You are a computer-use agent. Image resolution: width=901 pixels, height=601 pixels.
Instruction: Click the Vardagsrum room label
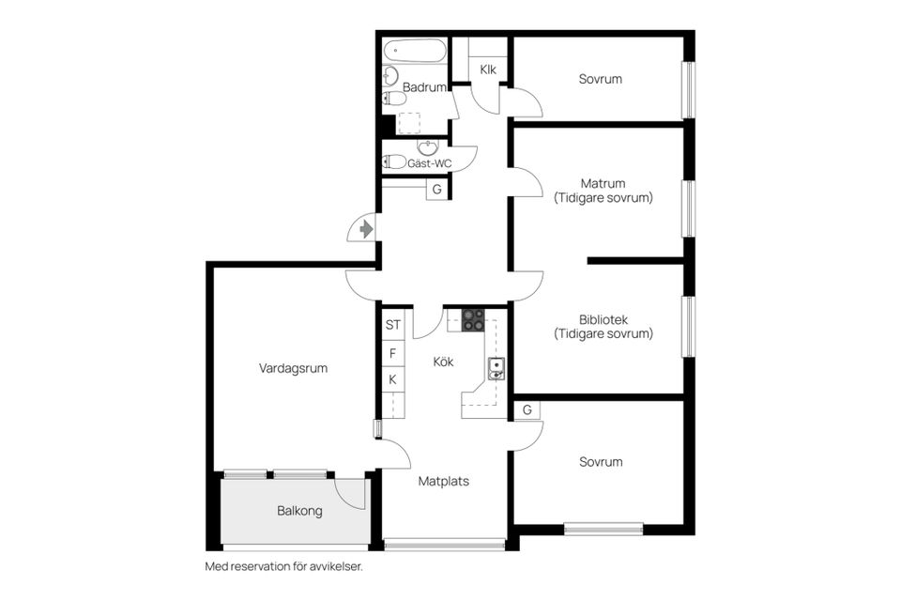[x=293, y=368]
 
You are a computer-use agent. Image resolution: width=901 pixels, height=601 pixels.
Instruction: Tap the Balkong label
[x=299, y=512]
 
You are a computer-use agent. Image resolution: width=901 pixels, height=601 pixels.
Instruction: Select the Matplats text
[x=443, y=481]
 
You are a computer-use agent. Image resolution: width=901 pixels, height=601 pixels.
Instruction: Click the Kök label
[x=443, y=361]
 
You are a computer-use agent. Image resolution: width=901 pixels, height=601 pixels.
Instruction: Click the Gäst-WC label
[x=429, y=163]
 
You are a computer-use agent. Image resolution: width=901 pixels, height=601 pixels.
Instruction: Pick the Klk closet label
[x=488, y=69]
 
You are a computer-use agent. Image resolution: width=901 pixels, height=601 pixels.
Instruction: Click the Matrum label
[x=603, y=183]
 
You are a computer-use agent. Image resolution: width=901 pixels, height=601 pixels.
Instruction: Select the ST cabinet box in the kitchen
[x=393, y=325]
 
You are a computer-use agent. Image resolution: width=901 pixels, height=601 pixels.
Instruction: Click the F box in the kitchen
[x=393, y=353]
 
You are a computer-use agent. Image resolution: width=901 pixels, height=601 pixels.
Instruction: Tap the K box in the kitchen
[x=393, y=379]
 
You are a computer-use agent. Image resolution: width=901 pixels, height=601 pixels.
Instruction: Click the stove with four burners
[x=473, y=319]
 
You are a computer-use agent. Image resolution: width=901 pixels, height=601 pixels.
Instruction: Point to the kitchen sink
[x=496, y=367]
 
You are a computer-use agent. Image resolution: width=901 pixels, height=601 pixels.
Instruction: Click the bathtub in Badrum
[x=414, y=51]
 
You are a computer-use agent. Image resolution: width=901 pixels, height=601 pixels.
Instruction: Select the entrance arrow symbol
[x=365, y=228]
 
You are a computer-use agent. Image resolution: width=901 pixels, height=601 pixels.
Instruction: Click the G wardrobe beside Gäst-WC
[x=436, y=189]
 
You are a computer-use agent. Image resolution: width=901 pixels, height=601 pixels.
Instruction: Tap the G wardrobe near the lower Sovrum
[x=527, y=410]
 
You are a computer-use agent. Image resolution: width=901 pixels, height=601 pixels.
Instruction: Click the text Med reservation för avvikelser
[x=283, y=566]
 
